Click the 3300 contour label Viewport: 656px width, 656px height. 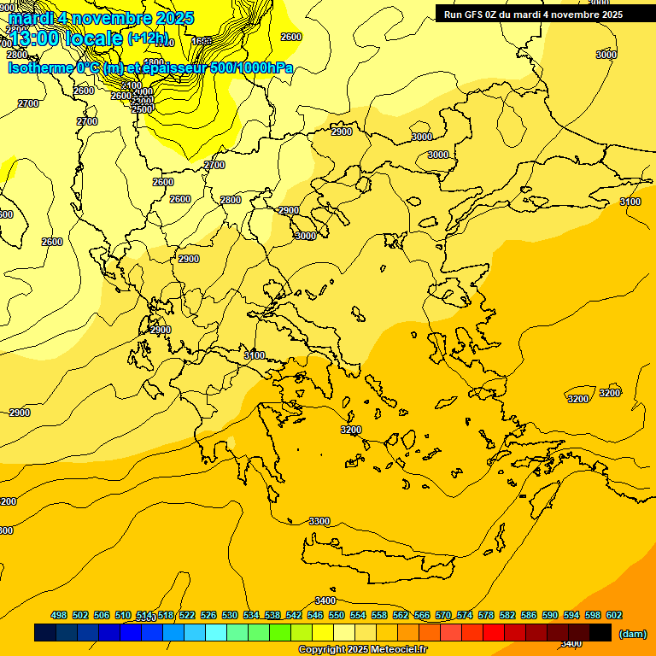tap(319, 521)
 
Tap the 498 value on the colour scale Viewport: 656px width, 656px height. tap(59, 615)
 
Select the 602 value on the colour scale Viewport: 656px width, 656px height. tap(614, 615)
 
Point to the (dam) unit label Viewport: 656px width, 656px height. tap(633, 633)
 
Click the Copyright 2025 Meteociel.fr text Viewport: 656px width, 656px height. tap(362, 650)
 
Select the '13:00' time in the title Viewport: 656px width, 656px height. tap(33, 38)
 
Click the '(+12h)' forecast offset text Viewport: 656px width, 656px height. tap(147, 38)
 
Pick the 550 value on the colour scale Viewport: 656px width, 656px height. tap(337, 615)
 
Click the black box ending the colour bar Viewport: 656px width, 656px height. tap(600, 633)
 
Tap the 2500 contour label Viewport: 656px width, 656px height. tap(143, 108)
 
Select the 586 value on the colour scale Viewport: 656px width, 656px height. tap(529, 615)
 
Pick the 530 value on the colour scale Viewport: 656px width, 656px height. tap(230, 615)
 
